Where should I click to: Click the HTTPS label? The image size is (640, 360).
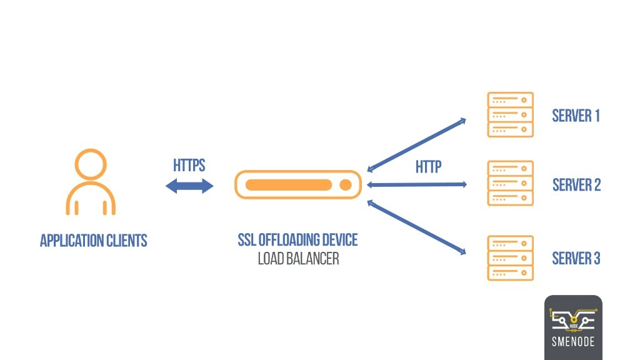tap(189, 166)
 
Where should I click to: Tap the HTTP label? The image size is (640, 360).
tap(428, 167)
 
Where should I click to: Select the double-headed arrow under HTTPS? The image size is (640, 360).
tap(189, 186)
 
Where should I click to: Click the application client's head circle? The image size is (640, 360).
tap(91, 164)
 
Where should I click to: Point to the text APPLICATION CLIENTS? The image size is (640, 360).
tap(93, 241)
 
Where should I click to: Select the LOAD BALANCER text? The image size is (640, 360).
tap(298, 258)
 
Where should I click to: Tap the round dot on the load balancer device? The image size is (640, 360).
tap(344, 185)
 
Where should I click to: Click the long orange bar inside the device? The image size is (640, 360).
tap(288, 185)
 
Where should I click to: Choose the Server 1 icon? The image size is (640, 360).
tap(510, 115)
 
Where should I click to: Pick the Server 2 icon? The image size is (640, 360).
tap(510, 184)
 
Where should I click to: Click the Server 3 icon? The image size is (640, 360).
tap(510, 258)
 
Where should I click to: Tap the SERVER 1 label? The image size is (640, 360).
tap(576, 116)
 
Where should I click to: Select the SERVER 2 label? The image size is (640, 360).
tap(576, 185)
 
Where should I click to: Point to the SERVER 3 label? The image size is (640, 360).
tap(576, 258)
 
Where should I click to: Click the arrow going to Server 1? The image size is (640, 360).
tap(417, 144)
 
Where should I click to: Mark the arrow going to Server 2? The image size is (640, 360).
tap(417, 184)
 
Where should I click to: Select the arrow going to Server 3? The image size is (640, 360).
tap(417, 227)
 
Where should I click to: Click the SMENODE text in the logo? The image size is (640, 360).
tap(573, 342)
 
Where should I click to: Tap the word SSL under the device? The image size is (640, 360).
tap(248, 239)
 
